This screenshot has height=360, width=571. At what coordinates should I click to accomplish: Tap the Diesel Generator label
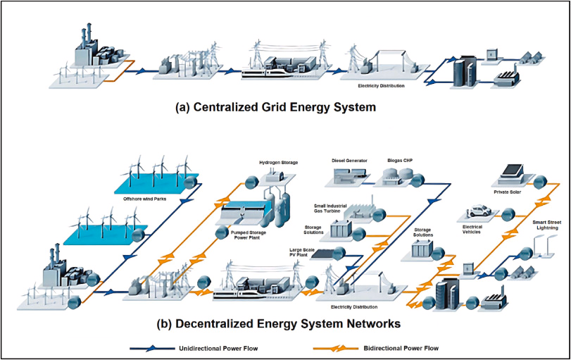click(349, 160)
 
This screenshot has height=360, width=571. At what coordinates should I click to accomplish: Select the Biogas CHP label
click(399, 160)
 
